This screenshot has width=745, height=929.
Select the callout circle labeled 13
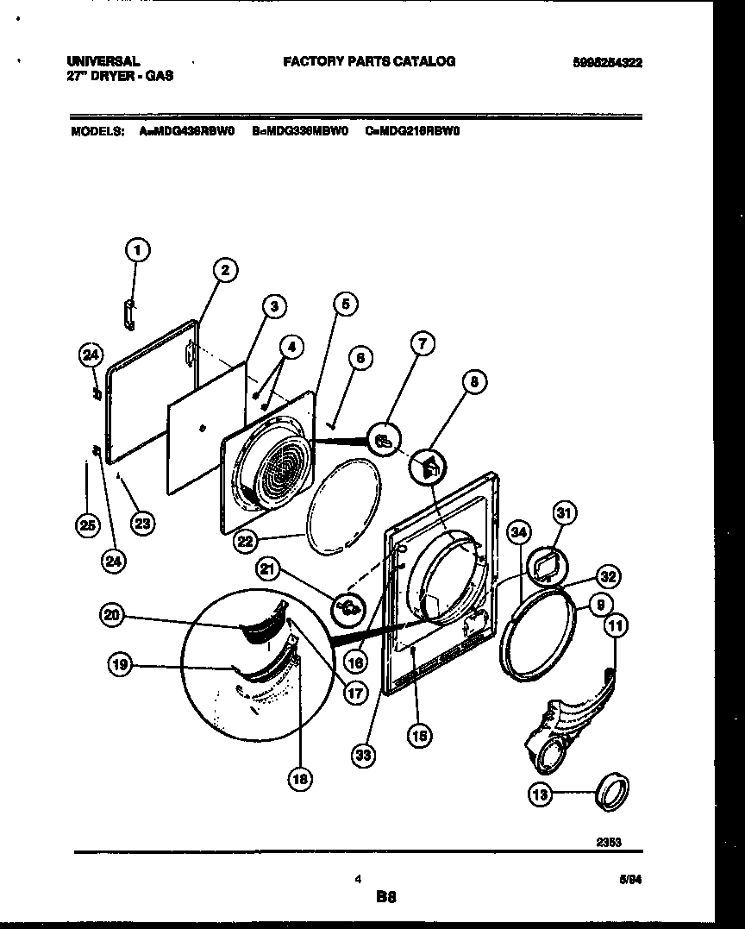(540, 796)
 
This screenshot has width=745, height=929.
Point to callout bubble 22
(244, 541)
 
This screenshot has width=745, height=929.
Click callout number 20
(112, 615)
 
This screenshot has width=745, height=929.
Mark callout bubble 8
(473, 380)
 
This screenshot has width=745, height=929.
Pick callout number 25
(86, 524)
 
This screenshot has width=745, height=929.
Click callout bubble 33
(364, 756)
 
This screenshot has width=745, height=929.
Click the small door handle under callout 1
(129, 315)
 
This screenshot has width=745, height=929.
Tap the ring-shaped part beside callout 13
(613, 791)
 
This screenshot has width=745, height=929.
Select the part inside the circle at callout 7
(381, 441)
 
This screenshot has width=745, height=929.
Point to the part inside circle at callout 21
(348, 610)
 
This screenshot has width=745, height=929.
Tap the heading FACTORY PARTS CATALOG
(369, 61)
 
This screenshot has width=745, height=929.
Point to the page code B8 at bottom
(385, 897)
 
